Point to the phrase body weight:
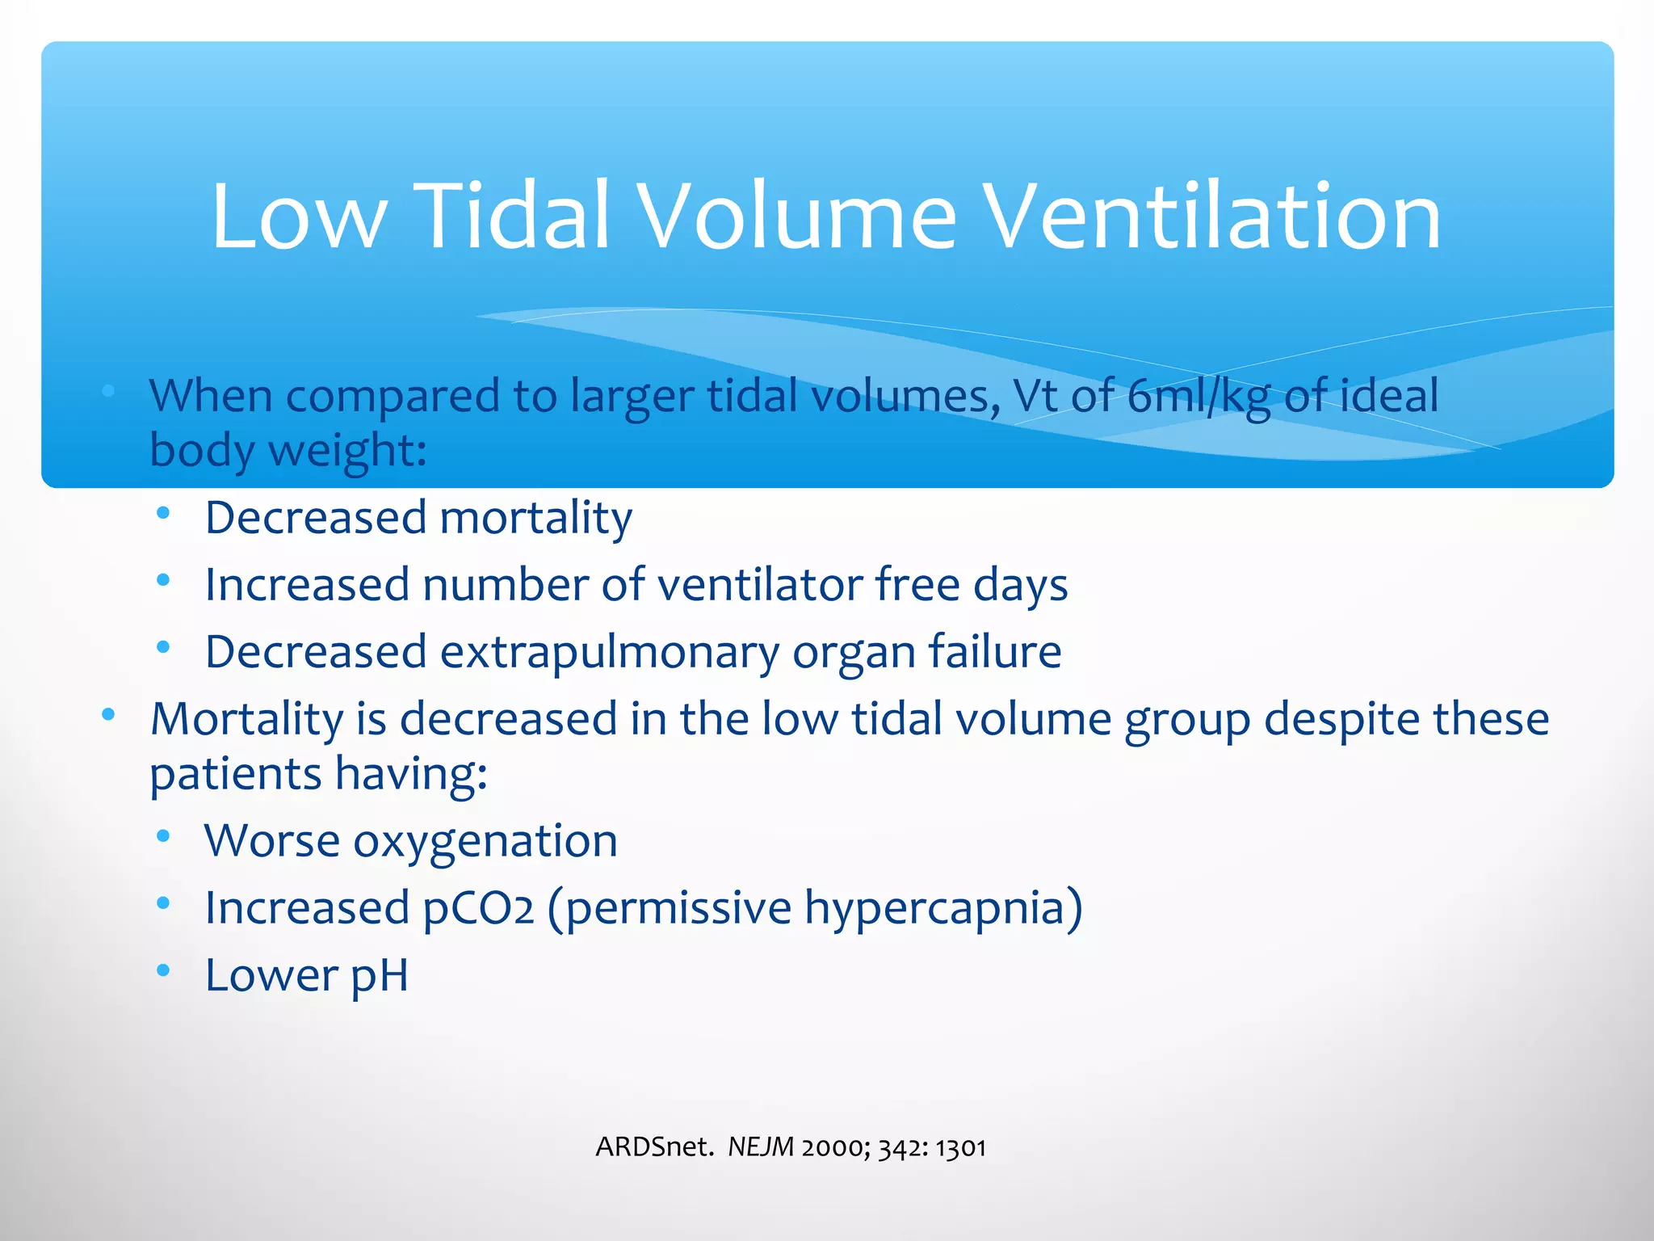click(x=288, y=450)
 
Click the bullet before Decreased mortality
click(x=164, y=512)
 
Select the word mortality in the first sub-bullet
click(x=535, y=518)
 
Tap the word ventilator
click(x=760, y=584)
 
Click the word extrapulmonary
click(x=609, y=653)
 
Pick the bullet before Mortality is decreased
click(x=108, y=714)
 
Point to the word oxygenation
click(x=485, y=842)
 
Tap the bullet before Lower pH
click(x=164, y=970)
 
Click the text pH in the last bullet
click(x=379, y=976)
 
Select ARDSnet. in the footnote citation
click(x=654, y=1146)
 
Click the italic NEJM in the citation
click(x=761, y=1146)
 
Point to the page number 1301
click(x=960, y=1147)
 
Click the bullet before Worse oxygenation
click(x=164, y=836)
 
